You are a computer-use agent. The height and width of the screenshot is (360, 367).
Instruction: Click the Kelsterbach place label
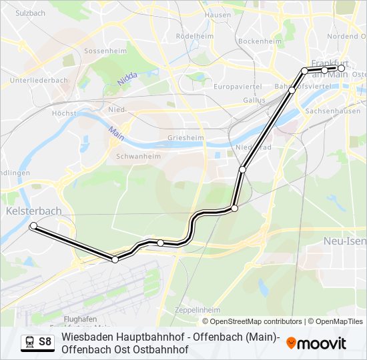pos(33,211)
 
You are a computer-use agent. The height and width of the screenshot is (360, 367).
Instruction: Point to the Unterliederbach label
pos(39,80)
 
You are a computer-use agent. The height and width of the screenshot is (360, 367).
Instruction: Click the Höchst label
pos(65,113)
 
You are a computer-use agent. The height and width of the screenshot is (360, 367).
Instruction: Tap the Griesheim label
pos(186,139)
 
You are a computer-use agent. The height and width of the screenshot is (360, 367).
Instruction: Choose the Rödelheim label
pos(194,35)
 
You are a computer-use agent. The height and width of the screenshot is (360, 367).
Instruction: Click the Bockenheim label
pos(256,41)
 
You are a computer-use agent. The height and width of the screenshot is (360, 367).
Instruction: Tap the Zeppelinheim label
pos(197,310)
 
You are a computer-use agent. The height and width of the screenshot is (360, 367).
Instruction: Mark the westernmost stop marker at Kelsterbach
pos(33,227)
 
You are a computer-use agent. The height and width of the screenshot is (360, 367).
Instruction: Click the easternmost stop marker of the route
pos(341,68)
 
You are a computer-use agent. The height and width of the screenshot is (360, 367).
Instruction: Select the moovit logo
pos(316,343)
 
